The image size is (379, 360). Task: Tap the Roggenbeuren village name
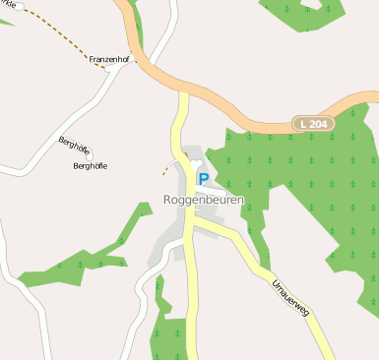[x=203, y=200]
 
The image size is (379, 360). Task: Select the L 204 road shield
[x=315, y=124]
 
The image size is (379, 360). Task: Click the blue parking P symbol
[x=203, y=179]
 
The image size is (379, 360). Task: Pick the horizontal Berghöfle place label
[x=91, y=165]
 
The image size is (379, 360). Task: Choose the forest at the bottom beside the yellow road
[x=167, y=330]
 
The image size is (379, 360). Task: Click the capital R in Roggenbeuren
[x=168, y=200]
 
